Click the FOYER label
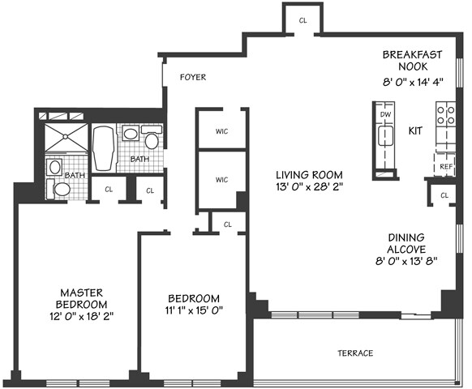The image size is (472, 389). click(x=193, y=77)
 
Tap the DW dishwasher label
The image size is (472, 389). click(x=385, y=114)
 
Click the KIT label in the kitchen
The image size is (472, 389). click(x=415, y=130)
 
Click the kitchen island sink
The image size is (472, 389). click(x=385, y=136)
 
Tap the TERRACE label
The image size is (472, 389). click(x=355, y=353)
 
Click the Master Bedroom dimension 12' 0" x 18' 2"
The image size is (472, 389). click(x=82, y=317)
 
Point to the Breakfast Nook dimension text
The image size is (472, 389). click(x=413, y=82)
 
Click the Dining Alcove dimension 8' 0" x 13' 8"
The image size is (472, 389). click(x=406, y=261)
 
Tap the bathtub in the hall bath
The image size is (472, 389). click(x=103, y=148)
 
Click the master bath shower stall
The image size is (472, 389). click(x=66, y=137)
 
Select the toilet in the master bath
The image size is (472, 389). click(x=59, y=189)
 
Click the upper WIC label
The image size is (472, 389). click(x=221, y=131)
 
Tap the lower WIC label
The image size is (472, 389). click(x=221, y=180)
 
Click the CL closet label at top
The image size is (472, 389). click(x=303, y=20)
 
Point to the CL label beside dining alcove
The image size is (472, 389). click(x=444, y=195)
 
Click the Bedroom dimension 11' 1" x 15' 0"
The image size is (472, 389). click(x=194, y=310)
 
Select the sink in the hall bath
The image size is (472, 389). click(x=131, y=134)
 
